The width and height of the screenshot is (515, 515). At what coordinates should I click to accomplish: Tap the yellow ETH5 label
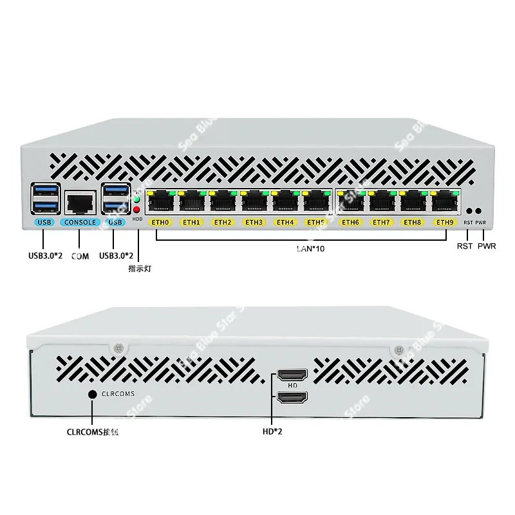click(315, 223)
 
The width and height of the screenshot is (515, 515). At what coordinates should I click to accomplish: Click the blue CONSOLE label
click(80, 223)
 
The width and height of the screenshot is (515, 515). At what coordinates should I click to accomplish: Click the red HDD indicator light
click(137, 210)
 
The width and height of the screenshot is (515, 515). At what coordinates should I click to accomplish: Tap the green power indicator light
click(137, 199)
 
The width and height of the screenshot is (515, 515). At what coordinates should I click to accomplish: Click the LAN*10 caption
click(302, 247)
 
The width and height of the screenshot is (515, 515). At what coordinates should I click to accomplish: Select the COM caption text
click(80, 256)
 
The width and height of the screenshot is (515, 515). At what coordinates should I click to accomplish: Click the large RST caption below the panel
click(464, 247)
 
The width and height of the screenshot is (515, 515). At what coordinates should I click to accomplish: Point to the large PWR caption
click(487, 247)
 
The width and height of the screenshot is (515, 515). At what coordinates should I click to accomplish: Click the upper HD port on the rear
click(292, 375)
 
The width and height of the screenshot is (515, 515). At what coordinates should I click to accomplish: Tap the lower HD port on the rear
click(292, 398)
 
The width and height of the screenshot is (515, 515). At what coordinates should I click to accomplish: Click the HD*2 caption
click(272, 431)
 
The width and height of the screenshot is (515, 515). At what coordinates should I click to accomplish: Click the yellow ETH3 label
click(254, 223)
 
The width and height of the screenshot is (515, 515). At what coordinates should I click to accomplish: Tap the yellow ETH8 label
click(413, 223)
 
